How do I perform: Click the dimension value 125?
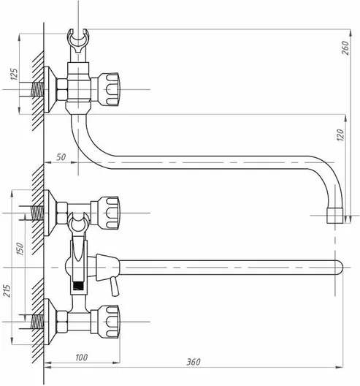pyautogui.click(x=15, y=74)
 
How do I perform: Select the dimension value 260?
pyautogui.click(x=345, y=48)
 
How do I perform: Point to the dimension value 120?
pyautogui.click(x=340, y=135)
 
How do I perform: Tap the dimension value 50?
pyautogui.click(x=61, y=156)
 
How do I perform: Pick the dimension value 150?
pyautogui.click(x=20, y=249)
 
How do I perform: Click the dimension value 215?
pyautogui.click(x=7, y=291)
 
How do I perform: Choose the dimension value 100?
pyautogui.click(x=82, y=357)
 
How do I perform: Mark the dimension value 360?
pyautogui.click(x=194, y=362)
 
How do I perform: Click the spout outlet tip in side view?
pyautogui.click(x=334, y=216)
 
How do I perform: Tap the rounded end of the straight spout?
pyautogui.click(x=340, y=268)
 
